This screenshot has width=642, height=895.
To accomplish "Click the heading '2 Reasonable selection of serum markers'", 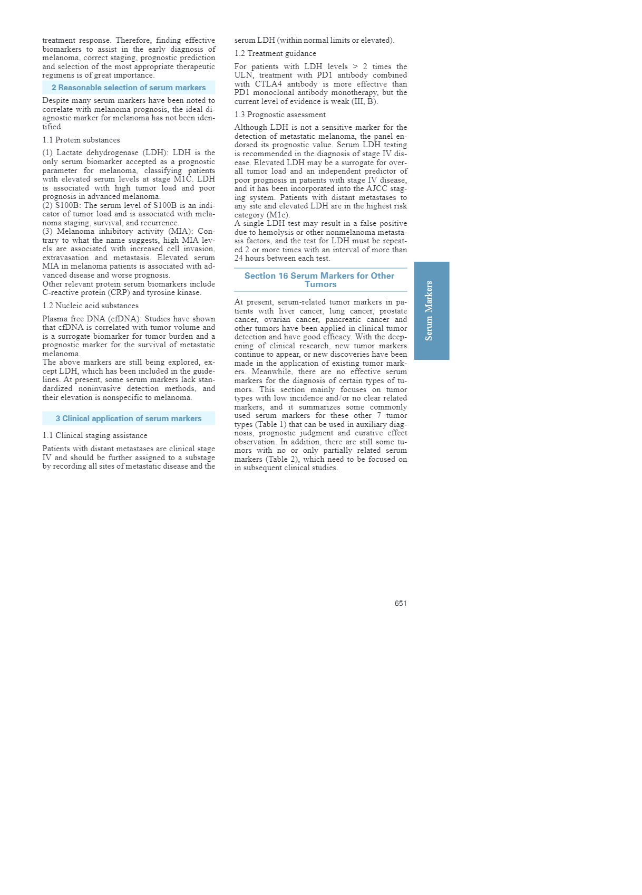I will coord(129,88).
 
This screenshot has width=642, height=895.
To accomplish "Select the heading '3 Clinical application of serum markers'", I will coord(129,418).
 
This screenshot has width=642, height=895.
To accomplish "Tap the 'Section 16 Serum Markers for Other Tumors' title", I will coord(319,280).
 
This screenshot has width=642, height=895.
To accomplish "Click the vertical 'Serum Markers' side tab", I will coord(431,311).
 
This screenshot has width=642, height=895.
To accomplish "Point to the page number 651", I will coord(400,603).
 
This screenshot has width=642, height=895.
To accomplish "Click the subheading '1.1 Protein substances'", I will coord(81,140).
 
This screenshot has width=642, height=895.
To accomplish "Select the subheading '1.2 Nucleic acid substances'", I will coord(91,306).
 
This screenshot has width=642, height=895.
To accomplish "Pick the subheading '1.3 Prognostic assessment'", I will coord(280,115).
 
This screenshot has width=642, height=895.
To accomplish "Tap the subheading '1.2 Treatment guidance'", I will coord(275,53).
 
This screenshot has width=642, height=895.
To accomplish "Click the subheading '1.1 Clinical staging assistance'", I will coord(95,435).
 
